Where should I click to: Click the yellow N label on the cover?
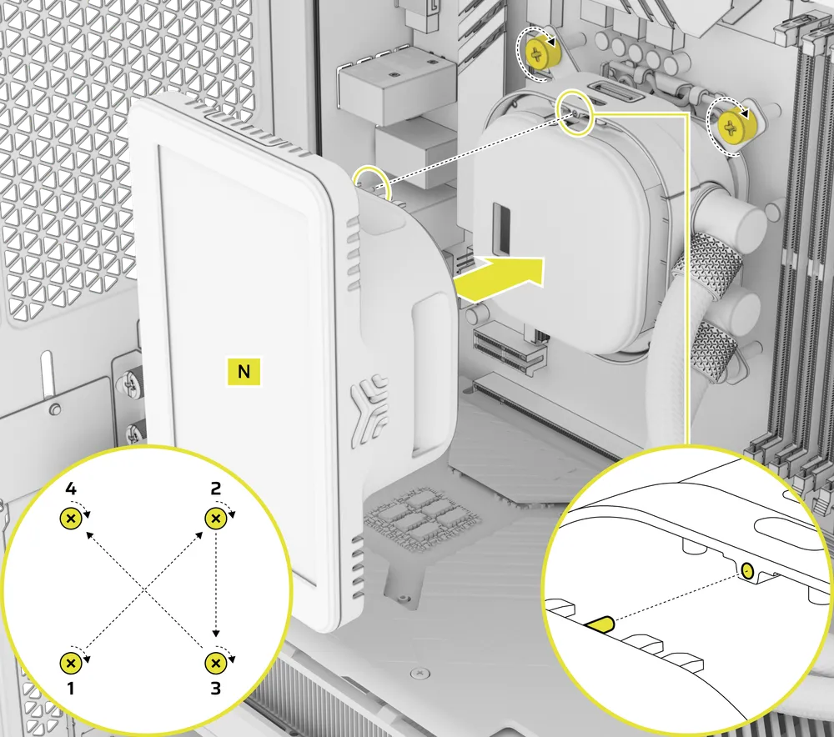244,371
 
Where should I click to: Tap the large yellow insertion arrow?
499,278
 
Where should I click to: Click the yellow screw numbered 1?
71,663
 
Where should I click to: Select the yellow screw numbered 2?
215,518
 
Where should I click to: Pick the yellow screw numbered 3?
215,663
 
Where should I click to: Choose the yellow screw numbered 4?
71,518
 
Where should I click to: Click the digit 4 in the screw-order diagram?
71,489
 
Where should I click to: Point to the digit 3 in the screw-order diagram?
215,689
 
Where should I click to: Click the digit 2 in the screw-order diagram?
215,489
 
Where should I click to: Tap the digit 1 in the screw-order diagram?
71,689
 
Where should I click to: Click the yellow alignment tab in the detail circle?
600,624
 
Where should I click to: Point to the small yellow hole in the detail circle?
748,571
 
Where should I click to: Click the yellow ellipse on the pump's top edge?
575,113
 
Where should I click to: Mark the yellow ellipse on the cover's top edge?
372,183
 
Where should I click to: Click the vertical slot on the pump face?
501,228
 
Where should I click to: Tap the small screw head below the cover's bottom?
420,673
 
